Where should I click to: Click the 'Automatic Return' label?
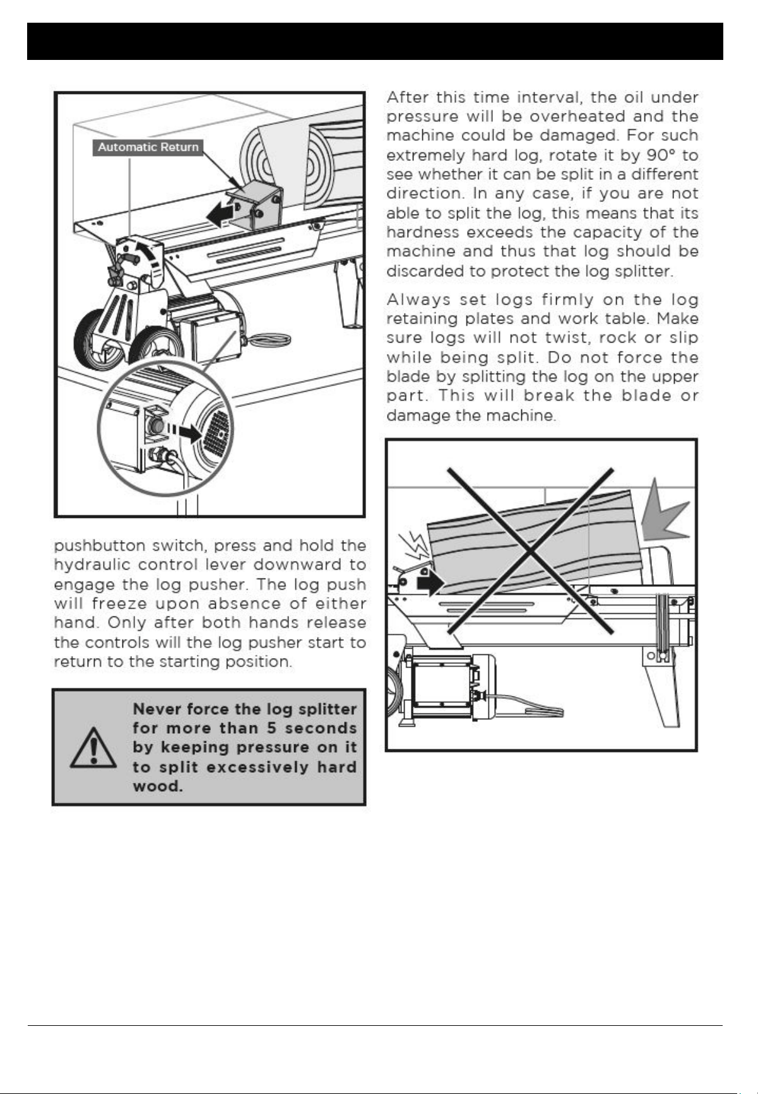click(x=148, y=148)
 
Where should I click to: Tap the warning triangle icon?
click(x=93, y=748)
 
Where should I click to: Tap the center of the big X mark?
click(x=531, y=550)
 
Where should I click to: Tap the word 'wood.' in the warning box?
click(x=158, y=787)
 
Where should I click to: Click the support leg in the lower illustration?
click(x=662, y=688)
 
